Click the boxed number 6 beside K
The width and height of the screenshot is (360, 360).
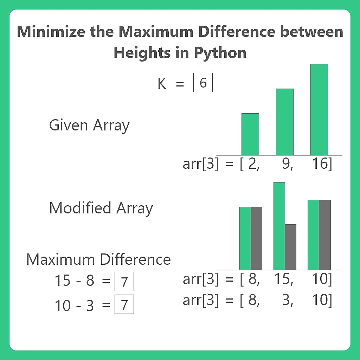coord(203,83)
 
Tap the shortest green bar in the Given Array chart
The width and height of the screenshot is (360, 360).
coord(250,134)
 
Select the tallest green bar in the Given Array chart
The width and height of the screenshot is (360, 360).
coord(319,109)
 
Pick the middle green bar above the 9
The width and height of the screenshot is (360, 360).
coord(284,122)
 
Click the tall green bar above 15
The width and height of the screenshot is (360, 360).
coord(279,226)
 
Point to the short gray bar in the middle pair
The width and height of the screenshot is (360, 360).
coord(290,247)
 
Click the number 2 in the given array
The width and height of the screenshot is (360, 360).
coord(252,164)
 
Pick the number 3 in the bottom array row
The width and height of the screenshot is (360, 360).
coord(287,301)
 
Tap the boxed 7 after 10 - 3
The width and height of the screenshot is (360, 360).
coord(124,305)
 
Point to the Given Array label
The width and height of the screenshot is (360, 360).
coord(89,126)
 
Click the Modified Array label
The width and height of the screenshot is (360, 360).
coord(101,208)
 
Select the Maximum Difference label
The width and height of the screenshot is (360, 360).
coord(98,259)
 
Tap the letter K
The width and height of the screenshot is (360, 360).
coord(162,84)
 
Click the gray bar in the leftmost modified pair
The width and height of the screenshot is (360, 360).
coord(256,238)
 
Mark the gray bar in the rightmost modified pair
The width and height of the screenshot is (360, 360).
coord(324,234)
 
